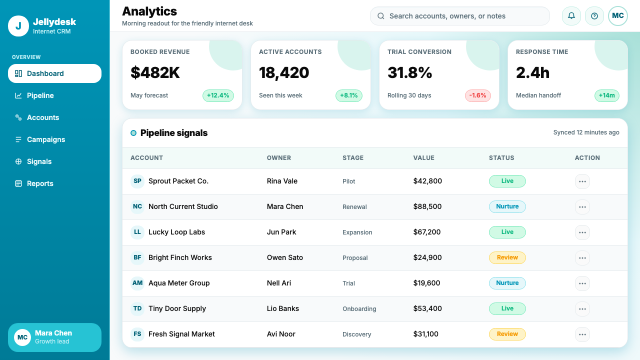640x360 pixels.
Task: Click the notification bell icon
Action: (x=571, y=15)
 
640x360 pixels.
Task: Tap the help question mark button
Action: (x=594, y=15)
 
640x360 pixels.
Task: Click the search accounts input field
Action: (x=459, y=16)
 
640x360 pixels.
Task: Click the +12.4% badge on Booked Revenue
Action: (x=218, y=95)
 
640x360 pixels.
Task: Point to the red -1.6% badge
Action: (x=477, y=95)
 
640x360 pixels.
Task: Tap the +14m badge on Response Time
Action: (x=607, y=95)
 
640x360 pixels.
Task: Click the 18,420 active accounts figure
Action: (x=284, y=72)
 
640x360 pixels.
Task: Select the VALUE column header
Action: (x=423, y=157)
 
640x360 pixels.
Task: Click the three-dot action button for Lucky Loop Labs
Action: (x=582, y=232)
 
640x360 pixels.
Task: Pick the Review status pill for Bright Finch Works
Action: (x=507, y=257)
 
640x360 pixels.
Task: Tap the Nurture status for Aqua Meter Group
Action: (x=507, y=283)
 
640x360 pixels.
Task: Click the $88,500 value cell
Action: (x=427, y=206)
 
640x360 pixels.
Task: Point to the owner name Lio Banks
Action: (x=283, y=308)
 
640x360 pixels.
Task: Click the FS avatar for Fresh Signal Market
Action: (x=137, y=334)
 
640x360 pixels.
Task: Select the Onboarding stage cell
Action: (x=359, y=309)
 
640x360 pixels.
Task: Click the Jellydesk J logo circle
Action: (x=18, y=26)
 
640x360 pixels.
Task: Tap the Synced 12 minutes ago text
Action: (x=586, y=132)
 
